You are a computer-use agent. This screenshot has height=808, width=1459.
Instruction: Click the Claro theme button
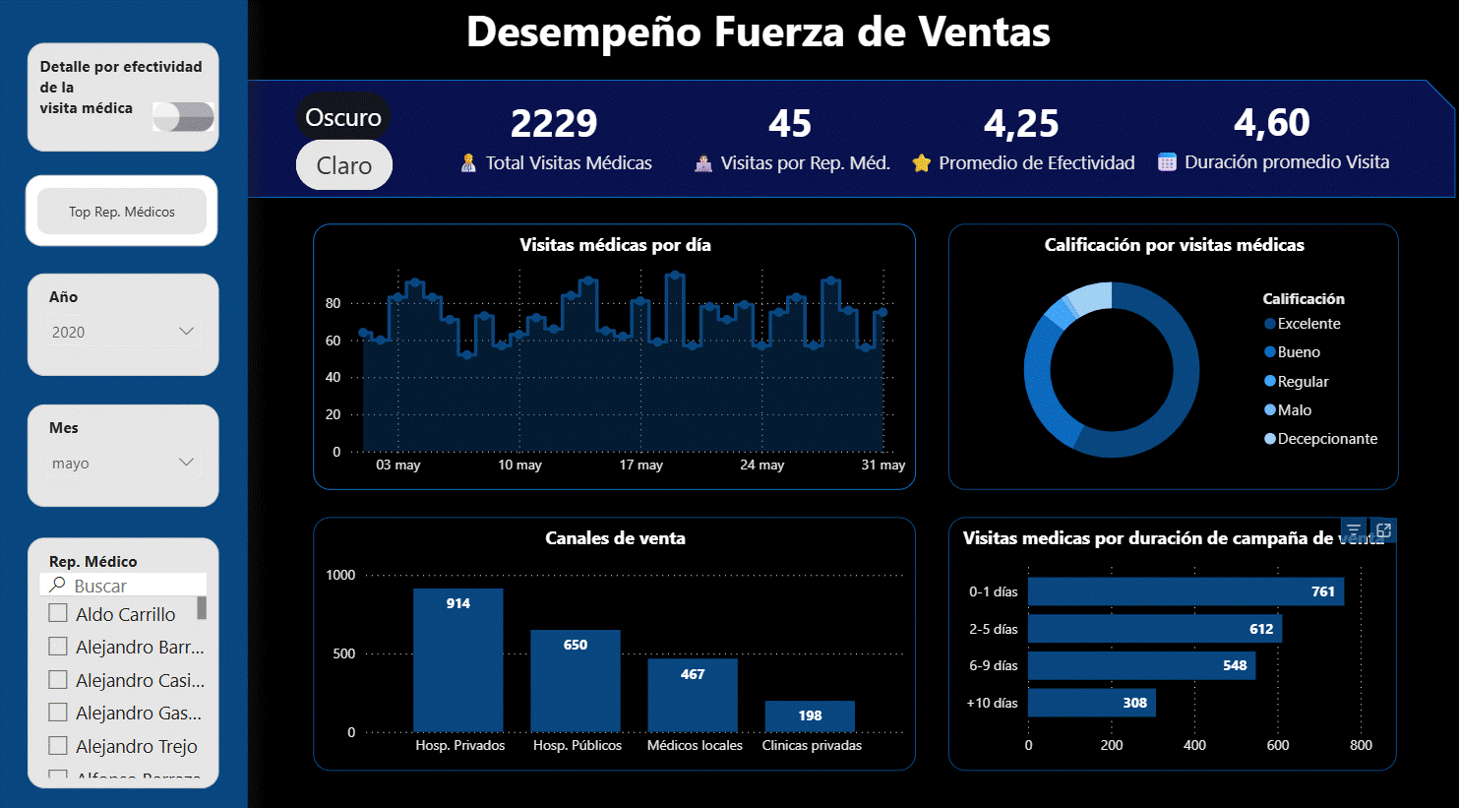coord(343,165)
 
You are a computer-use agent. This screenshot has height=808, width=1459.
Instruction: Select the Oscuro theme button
coord(343,117)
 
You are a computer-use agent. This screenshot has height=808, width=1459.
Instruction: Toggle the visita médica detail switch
coord(184,116)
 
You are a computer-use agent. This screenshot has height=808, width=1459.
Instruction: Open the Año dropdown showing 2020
coord(123,332)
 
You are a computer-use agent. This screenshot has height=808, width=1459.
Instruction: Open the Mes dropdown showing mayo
coord(123,463)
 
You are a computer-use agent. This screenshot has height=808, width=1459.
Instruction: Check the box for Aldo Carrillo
coord(58,613)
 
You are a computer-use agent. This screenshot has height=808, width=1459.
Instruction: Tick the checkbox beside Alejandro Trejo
coord(58,745)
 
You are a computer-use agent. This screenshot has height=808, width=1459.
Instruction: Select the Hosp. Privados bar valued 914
coord(457,659)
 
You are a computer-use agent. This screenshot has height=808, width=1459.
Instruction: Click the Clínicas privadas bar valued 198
coord(810,716)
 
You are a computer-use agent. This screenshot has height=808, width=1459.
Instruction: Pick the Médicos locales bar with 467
coord(692,695)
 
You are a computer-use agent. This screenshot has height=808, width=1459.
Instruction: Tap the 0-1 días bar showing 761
coord(1185,591)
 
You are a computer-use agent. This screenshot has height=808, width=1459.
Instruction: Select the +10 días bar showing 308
coord(1091,703)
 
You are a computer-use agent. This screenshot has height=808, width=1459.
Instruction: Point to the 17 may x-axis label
coord(640,465)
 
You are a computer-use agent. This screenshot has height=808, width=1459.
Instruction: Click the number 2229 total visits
coord(554,124)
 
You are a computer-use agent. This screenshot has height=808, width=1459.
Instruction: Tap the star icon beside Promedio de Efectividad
coord(921,163)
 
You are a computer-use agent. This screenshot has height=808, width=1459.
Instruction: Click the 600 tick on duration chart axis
coord(1277,745)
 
